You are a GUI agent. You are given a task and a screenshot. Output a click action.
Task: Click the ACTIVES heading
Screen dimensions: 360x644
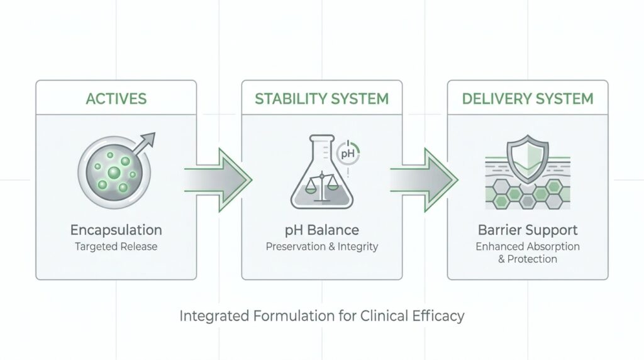(116, 99)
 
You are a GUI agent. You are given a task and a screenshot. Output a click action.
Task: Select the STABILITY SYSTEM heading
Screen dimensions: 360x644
(321, 99)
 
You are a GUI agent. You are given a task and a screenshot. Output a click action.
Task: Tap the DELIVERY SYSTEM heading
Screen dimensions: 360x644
(527, 99)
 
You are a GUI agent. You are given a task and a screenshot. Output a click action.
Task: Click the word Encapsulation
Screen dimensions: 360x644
(116, 230)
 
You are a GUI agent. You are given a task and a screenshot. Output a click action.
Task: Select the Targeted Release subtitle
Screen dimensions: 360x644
(116, 246)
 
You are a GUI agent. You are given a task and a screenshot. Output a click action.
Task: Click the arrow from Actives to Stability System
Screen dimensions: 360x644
(217, 179)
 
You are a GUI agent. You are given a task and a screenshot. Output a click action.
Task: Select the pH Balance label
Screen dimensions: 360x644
(321, 230)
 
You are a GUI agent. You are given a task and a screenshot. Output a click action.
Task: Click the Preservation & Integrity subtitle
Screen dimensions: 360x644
(321, 246)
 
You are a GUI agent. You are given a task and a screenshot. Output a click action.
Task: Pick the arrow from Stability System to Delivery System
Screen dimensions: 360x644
(423, 179)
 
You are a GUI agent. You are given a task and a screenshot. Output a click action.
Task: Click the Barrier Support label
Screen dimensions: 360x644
(527, 230)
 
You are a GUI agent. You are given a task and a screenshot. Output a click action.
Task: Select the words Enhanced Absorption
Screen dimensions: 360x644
(527, 246)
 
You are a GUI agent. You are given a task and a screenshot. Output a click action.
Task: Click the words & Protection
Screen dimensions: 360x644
(527, 259)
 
